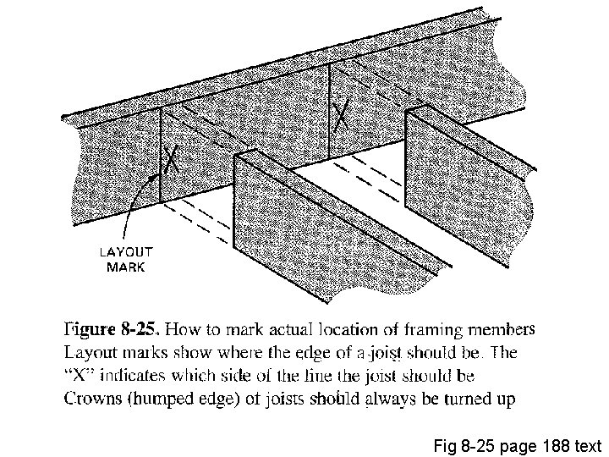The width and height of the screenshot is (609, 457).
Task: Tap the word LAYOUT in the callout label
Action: (126, 251)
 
